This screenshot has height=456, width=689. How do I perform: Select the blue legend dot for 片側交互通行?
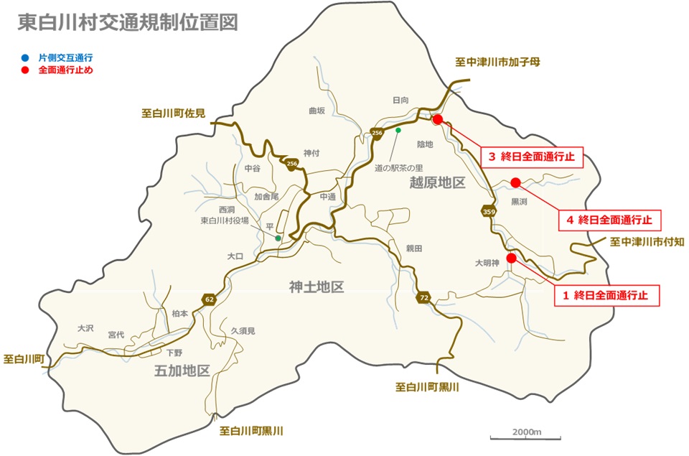[25, 57]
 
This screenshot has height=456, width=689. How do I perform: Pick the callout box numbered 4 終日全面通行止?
[610, 220]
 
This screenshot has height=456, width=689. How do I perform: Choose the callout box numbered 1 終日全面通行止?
[606, 295]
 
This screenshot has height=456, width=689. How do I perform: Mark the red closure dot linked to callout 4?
[515, 182]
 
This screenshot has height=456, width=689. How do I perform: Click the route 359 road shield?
[489, 211]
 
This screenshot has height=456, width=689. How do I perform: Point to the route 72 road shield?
[424, 297]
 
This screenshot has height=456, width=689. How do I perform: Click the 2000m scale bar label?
[526, 432]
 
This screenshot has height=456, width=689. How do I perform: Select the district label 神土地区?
[317, 288]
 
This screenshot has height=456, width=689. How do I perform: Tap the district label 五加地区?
[182, 371]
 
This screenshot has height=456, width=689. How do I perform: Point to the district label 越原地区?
[437, 182]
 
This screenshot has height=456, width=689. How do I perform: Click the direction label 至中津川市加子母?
[497, 62]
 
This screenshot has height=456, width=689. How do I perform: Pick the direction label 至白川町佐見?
[173, 113]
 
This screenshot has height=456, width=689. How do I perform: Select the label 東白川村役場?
[224, 220]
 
